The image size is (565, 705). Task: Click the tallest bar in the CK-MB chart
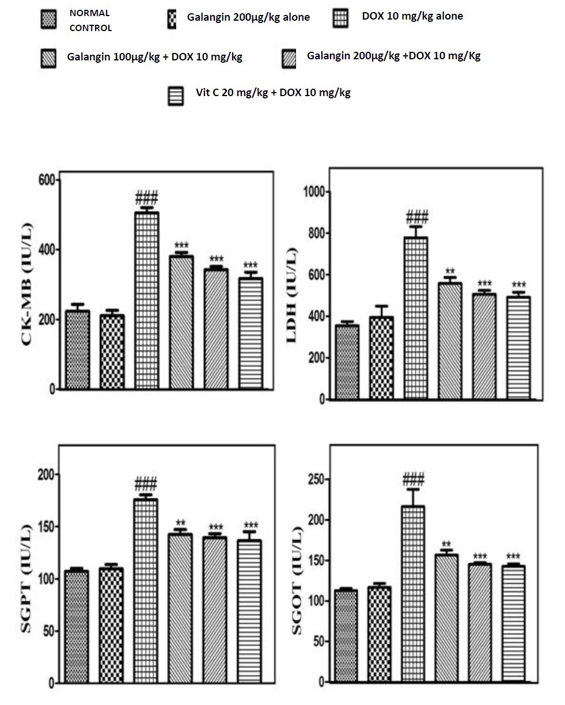pos(147,300)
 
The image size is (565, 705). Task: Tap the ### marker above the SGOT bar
pos(414,479)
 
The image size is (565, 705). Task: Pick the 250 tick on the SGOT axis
pos(315,479)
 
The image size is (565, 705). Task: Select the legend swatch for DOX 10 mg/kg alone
pos(340,19)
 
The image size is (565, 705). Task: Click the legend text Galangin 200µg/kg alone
pos(248,17)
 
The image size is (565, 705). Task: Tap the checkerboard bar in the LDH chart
pos(381,357)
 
